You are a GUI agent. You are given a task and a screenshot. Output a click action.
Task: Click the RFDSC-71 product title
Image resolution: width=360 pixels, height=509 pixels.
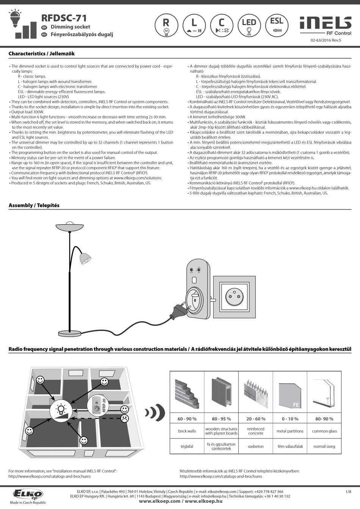(64, 18)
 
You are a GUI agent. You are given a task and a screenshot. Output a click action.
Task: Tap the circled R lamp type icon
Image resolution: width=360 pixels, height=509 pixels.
(166, 25)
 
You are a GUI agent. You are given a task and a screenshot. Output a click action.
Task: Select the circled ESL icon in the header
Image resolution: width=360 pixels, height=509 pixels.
(277, 25)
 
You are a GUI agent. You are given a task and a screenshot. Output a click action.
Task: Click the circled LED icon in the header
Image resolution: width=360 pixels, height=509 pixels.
(249, 25)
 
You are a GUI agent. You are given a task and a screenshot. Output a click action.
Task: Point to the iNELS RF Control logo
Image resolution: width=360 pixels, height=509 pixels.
(326, 26)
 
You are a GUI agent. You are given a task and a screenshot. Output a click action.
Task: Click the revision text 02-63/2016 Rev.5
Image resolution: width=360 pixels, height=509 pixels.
(326, 41)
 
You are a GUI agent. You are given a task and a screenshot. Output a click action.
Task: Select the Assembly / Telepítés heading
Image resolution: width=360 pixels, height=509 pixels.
(34, 205)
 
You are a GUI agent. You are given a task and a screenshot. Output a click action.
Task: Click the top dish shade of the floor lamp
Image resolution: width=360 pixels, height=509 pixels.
(70, 226)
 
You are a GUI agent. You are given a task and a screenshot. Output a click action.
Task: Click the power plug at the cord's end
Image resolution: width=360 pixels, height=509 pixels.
(179, 311)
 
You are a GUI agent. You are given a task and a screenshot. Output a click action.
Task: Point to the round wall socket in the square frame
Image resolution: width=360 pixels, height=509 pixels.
(234, 297)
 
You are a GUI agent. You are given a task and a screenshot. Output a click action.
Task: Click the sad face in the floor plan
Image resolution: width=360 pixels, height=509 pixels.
(124, 418)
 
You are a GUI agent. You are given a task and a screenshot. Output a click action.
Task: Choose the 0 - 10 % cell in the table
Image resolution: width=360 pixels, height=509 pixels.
(290, 418)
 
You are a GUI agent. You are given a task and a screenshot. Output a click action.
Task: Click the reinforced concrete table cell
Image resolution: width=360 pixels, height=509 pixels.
(256, 431)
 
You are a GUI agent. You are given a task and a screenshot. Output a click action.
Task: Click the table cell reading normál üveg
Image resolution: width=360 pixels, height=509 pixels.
(324, 446)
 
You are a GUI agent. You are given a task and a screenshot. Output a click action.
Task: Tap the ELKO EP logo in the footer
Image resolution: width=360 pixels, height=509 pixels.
(28, 494)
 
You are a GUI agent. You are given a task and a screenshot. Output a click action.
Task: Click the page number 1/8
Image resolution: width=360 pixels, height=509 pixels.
(348, 492)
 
